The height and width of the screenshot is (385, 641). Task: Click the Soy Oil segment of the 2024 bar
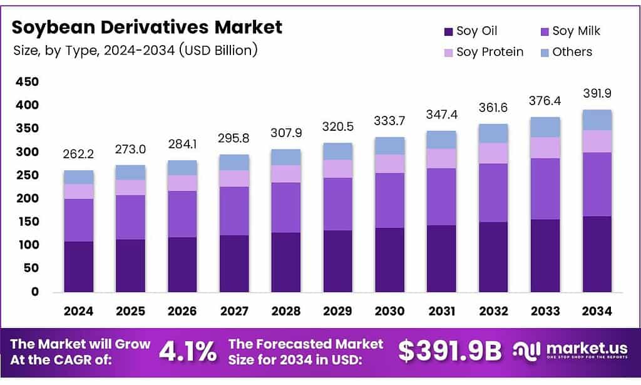[78, 267]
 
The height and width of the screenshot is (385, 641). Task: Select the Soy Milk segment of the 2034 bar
[597, 184]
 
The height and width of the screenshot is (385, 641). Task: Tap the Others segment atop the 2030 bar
[389, 146]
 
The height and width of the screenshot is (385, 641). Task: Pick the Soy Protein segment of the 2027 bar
[233, 178]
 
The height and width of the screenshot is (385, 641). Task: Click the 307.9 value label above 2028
[285, 133]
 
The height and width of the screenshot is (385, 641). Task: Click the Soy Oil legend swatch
[448, 31]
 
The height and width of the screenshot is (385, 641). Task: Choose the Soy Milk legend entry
[570, 31]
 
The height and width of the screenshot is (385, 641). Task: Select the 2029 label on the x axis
[337, 311]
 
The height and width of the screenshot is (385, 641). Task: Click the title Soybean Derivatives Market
[147, 27]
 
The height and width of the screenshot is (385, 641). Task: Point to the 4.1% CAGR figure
[188, 351]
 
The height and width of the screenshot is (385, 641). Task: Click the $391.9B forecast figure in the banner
[450, 351]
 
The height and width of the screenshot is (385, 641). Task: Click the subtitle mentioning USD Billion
[135, 50]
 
